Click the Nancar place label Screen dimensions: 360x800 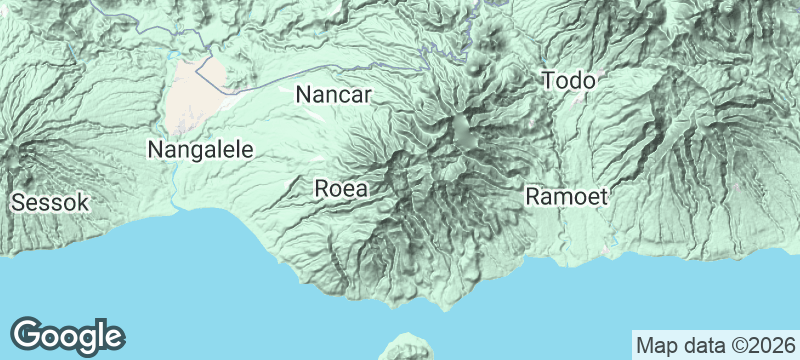[334, 96]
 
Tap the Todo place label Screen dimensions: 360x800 [568, 80]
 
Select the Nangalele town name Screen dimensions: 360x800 [200, 150]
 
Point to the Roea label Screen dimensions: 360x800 [341, 188]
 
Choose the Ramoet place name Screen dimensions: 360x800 [566, 197]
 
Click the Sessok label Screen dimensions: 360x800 [50, 203]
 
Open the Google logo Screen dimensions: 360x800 [67, 336]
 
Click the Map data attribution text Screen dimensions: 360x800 [714, 346]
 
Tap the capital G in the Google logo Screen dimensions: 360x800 [29, 336]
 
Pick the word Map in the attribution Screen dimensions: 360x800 [656, 346]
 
